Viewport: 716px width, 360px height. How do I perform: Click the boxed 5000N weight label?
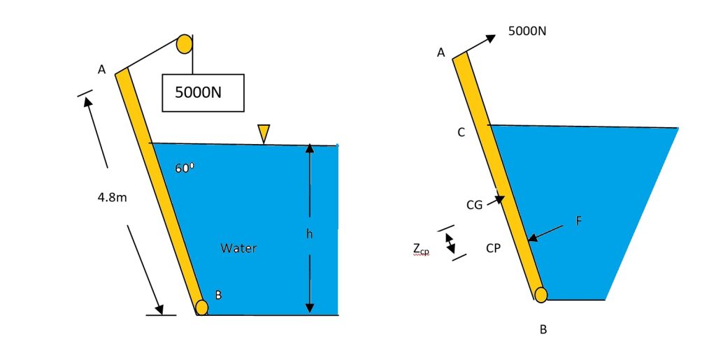pos(203,92)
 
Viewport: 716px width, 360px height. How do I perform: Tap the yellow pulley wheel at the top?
pos(185,44)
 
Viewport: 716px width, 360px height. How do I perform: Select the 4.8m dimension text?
pos(113,197)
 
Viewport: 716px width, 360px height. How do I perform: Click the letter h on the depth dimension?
pos(308,233)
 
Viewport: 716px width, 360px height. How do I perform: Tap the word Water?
pos(238,248)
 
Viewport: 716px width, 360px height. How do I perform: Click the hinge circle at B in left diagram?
pos(202,307)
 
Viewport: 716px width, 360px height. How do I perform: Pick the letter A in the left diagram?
pos(101,69)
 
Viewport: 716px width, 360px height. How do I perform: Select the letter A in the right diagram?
pos(441,52)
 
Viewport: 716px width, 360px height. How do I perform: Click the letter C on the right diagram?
pos(461,132)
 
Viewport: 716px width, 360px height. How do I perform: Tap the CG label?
pos(475,205)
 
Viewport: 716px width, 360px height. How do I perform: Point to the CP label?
pos(493,247)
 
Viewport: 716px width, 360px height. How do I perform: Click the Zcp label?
pos(421,250)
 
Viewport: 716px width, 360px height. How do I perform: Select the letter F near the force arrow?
pos(578,221)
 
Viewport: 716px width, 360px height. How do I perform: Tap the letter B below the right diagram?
pos(543,330)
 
